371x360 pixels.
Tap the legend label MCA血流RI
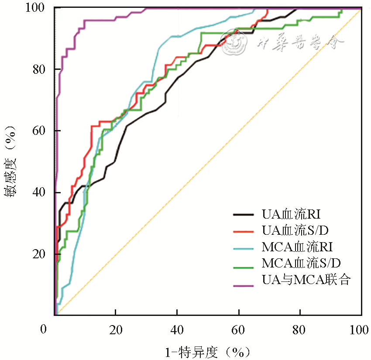point(298,247)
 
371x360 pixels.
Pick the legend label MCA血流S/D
point(301,263)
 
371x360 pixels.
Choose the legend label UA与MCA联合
point(306,279)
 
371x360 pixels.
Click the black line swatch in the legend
point(244,214)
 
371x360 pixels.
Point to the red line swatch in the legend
point(244,231)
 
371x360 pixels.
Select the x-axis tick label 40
point(177,330)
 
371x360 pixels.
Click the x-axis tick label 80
point(300,330)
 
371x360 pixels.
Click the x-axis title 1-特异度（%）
point(207,351)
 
